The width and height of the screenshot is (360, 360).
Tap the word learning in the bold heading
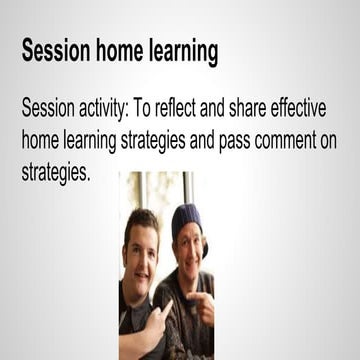pyautogui.click(x=181, y=50)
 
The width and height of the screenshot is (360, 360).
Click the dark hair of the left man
pyautogui.click(x=141, y=220)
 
